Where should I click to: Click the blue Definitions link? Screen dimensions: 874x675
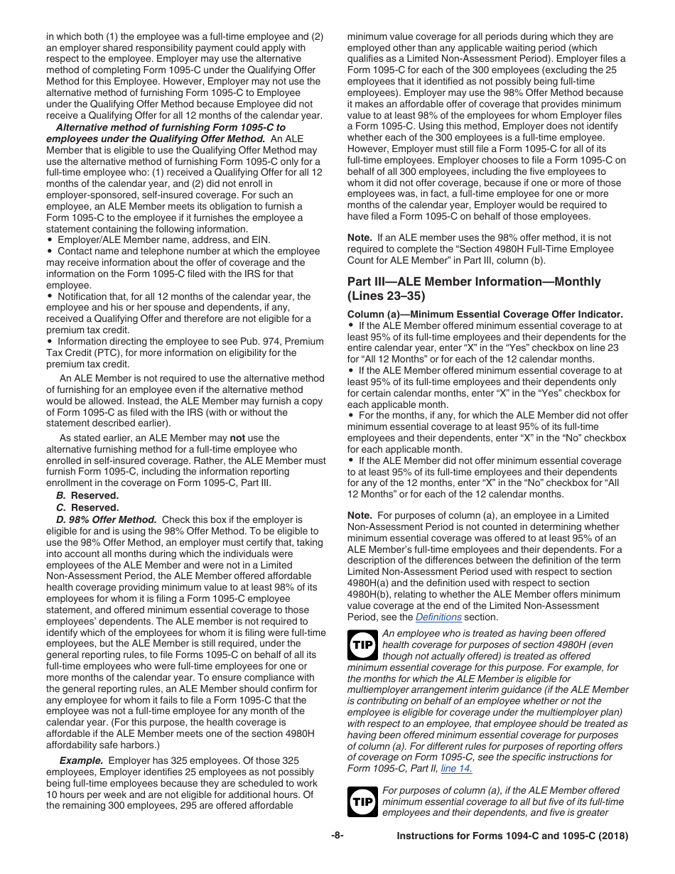438,617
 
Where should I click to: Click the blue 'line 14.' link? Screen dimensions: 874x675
456,768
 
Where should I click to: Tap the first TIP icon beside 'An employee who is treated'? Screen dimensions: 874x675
362,645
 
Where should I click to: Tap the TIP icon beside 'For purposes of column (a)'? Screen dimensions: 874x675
362,802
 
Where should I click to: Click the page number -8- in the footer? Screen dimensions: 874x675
337,836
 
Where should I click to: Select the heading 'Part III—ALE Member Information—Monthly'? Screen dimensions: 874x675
473,281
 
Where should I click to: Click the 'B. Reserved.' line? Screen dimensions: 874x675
87,495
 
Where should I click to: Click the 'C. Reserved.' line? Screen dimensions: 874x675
87,507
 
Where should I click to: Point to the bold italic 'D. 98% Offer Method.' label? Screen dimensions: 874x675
107,519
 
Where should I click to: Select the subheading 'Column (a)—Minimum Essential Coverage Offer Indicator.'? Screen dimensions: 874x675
485,314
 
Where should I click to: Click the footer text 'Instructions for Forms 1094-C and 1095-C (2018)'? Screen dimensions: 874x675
512,837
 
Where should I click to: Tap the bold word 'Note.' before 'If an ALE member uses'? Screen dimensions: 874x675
360,237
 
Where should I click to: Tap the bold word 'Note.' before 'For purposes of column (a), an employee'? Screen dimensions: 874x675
360,515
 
